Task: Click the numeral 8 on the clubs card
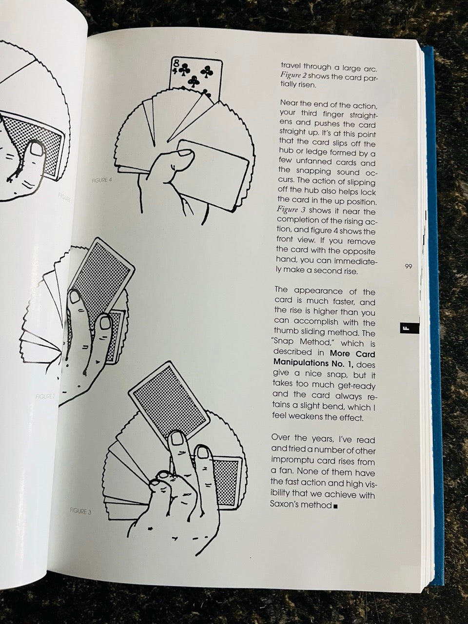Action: click(x=175, y=63)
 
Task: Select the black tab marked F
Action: click(x=406, y=329)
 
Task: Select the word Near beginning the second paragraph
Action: click(x=290, y=103)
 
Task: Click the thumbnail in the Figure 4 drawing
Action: click(x=186, y=152)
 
